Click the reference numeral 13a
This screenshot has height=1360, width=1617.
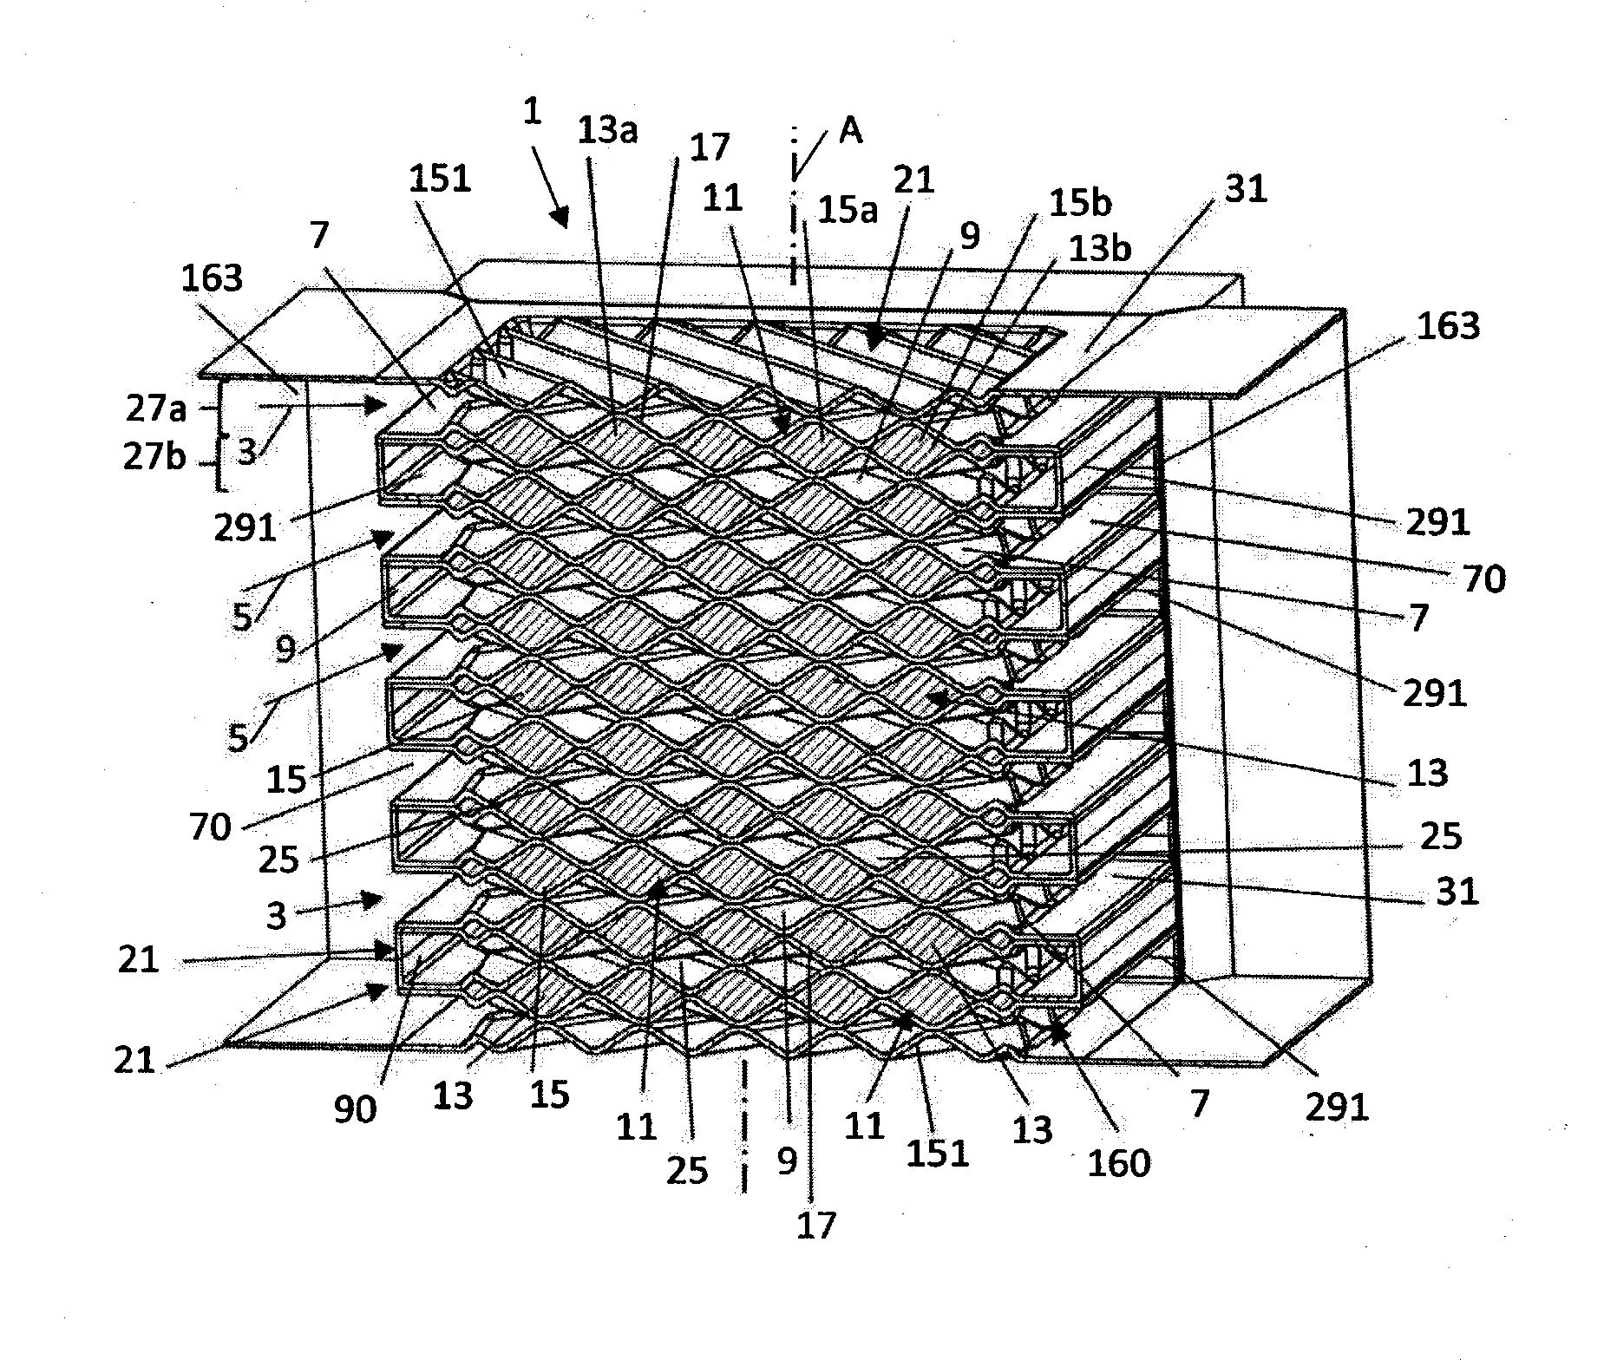click(x=606, y=131)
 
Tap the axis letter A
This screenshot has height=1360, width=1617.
click(x=851, y=133)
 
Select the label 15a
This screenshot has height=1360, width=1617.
click(x=847, y=211)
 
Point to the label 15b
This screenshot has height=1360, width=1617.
click(x=1080, y=203)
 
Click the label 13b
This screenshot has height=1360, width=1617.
click(x=1101, y=250)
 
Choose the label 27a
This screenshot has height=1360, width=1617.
click(x=155, y=408)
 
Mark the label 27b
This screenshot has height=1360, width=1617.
click(x=155, y=456)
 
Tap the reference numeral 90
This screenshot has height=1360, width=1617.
click(x=355, y=1108)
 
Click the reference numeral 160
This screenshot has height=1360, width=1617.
click(x=1119, y=1162)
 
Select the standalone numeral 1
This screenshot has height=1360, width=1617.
click(x=532, y=112)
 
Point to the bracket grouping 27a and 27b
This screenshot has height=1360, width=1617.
click(x=220, y=434)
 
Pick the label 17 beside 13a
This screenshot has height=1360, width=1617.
click(x=710, y=147)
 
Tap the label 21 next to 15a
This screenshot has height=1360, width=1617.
click(x=914, y=180)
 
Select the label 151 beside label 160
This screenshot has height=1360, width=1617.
click(x=938, y=1154)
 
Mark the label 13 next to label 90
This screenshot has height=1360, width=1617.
click(x=454, y=1095)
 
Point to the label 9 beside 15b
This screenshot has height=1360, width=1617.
click(x=969, y=235)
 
